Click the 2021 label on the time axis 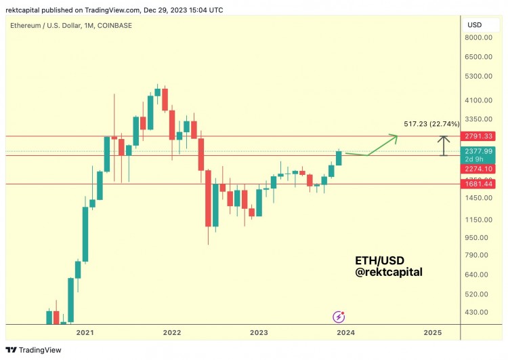point(85,333)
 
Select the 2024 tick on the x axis point(345,333)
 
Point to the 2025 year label point(432,333)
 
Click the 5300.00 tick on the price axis point(482,76)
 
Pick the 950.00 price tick point(482,238)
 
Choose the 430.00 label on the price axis point(482,313)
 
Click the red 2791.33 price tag point(482,136)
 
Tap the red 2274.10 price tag point(482,168)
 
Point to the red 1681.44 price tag point(482,184)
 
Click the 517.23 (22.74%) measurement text point(431,124)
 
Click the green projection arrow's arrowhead point(394,137)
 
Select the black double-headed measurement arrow point(444,146)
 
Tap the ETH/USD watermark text point(380,260)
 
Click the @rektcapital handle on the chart point(389,273)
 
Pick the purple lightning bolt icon point(339,317)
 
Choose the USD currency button point(474,25)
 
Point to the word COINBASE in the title point(114,26)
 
